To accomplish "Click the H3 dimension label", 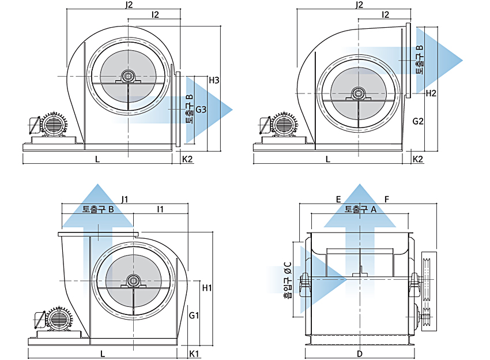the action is (x=214, y=80).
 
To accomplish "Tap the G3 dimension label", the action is (x=201, y=110).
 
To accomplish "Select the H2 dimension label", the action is (x=431, y=93).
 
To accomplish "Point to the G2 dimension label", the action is (x=418, y=121).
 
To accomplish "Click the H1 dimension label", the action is (x=207, y=288).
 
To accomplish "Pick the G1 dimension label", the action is (x=194, y=315).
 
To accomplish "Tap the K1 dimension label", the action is (x=194, y=354).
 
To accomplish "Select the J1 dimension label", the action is (x=125, y=199).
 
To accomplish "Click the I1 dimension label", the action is (x=160, y=209).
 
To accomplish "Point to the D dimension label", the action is (x=360, y=354).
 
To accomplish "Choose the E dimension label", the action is (x=338, y=199).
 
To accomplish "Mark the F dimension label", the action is (x=387, y=199).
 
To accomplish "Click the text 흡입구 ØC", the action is (x=288, y=279).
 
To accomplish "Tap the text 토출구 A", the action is (x=360, y=209).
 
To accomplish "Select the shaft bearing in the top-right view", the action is (x=358, y=94).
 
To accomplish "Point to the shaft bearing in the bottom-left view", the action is (x=133, y=281).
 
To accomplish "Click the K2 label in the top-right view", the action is (x=418, y=159).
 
